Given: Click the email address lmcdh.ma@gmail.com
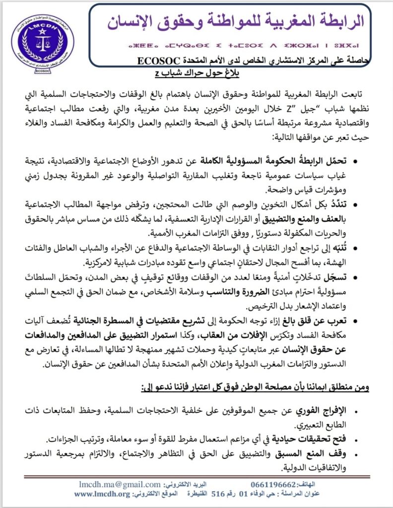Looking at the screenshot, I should [x=120, y=484].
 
